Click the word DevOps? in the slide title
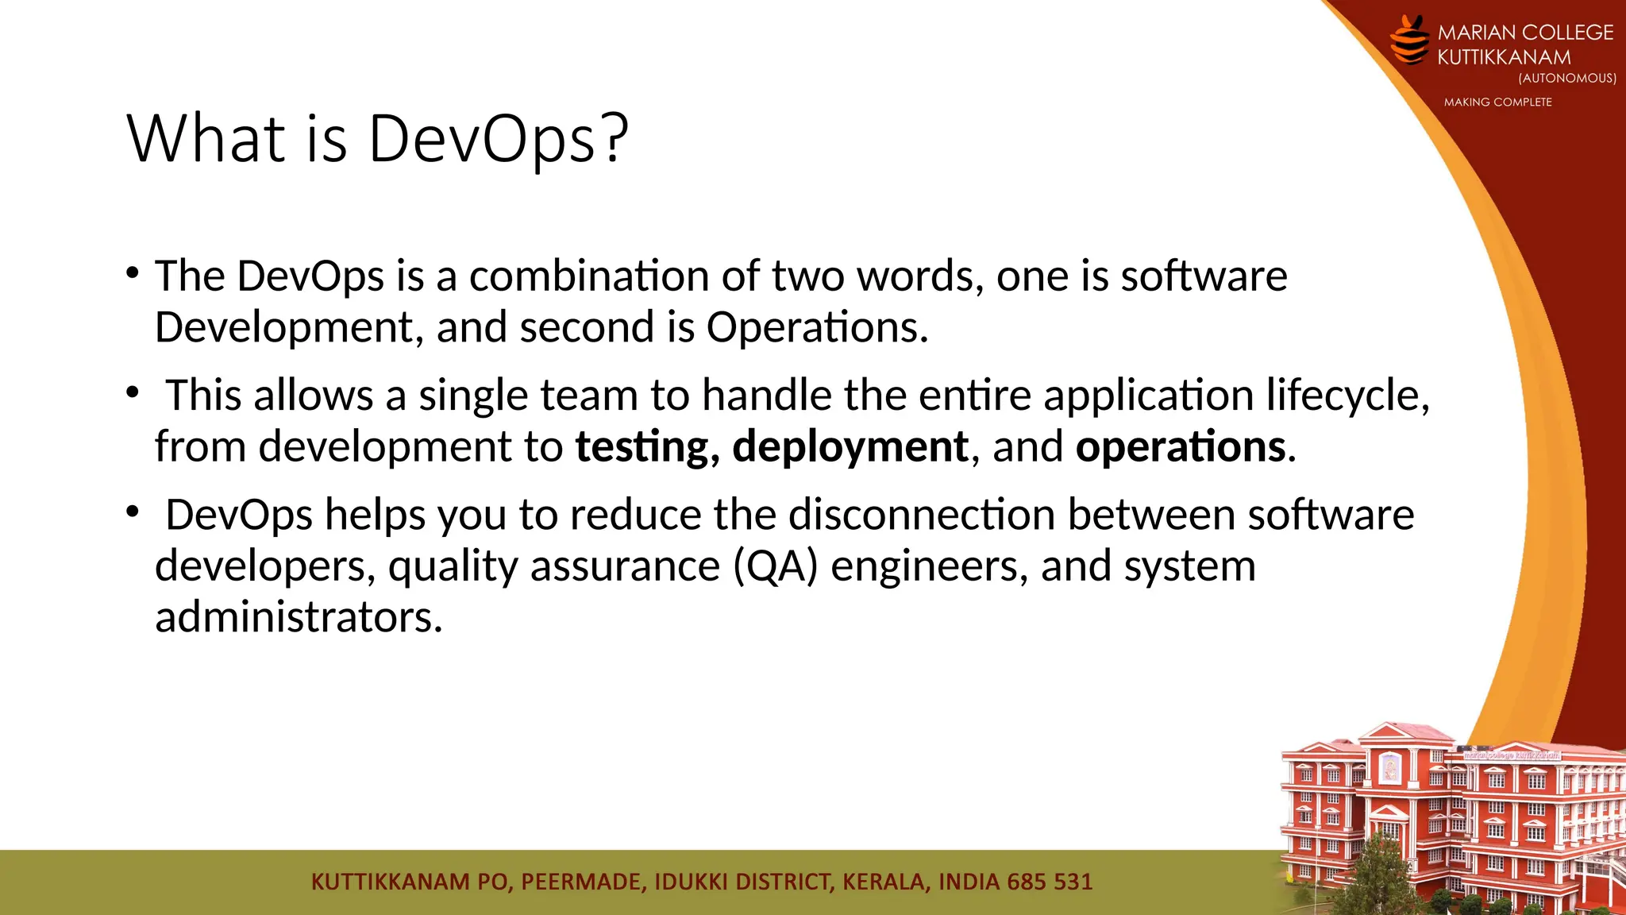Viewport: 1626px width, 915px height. (x=498, y=140)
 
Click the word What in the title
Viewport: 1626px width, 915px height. (x=206, y=140)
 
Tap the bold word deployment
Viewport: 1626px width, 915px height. (x=850, y=447)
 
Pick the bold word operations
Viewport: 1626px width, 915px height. (x=1181, y=447)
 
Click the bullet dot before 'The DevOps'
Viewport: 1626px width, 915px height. (x=133, y=274)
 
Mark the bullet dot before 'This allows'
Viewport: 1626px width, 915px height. (x=133, y=393)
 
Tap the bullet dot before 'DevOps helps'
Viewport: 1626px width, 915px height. (x=133, y=512)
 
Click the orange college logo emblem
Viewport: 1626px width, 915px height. (x=1410, y=40)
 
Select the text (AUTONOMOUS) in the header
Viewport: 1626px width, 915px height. (x=1566, y=79)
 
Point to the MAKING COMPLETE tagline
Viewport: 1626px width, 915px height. (x=1497, y=102)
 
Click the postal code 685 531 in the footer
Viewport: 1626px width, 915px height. (x=1050, y=882)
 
